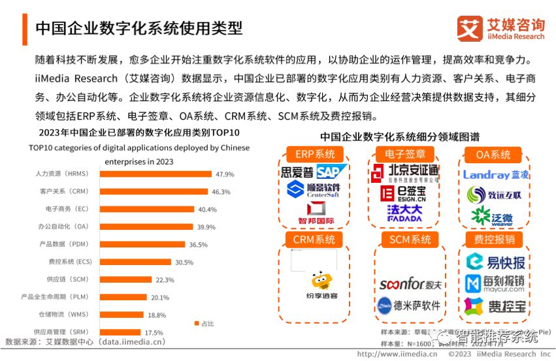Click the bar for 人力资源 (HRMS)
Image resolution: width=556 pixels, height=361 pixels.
[x=155, y=174]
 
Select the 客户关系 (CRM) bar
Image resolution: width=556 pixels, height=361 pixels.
[x=154, y=192]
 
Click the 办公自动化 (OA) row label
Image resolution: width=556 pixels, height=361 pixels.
[x=63, y=227]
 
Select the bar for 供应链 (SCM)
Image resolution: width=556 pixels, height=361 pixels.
[x=125, y=279]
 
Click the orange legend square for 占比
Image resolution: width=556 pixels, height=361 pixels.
[x=197, y=323]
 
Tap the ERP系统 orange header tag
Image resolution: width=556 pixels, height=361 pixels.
[x=315, y=155]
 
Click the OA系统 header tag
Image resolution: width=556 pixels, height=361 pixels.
[x=493, y=155]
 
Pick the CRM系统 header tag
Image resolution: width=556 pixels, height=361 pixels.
[x=314, y=240]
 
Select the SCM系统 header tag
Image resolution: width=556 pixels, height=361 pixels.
[x=410, y=240]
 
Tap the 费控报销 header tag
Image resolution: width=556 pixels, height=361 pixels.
[x=493, y=240]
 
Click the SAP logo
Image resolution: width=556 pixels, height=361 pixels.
[x=332, y=172]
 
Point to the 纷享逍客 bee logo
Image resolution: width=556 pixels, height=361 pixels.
[x=321, y=285]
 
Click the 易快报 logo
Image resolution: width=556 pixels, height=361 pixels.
[x=496, y=262]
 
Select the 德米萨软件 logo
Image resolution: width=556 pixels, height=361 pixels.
[x=410, y=305]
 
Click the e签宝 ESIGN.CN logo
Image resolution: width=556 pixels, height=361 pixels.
[x=404, y=193]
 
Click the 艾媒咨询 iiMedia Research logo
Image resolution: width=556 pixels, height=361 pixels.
[x=500, y=28]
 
